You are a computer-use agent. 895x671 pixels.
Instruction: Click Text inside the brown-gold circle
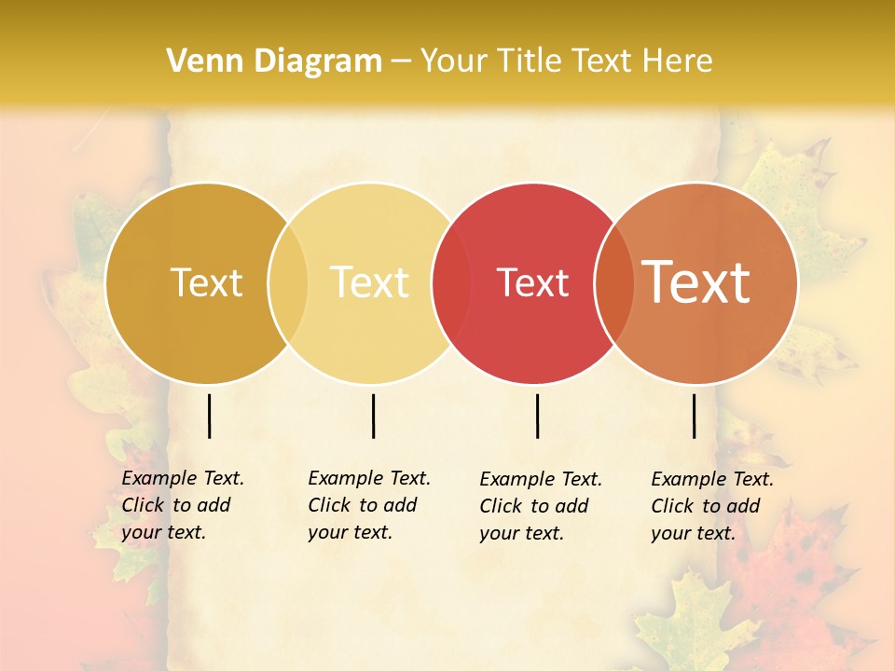click(x=206, y=282)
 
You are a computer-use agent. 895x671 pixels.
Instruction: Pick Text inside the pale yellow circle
click(x=370, y=282)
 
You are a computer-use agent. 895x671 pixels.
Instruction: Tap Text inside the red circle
click(x=532, y=282)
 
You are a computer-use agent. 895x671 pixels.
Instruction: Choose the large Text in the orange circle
click(x=696, y=282)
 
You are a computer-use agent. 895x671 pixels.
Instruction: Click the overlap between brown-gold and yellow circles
click(x=288, y=282)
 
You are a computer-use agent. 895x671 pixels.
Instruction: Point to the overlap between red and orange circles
click(x=614, y=282)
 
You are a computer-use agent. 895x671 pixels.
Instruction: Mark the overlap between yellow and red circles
click(x=451, y=282)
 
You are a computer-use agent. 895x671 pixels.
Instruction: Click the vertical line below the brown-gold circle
click(x=210, y=416)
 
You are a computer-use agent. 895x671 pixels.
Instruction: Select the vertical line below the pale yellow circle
click(x=374, y=416)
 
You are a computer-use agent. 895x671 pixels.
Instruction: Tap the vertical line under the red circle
click(x=538, y=416)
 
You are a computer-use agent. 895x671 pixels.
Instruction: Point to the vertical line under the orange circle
click(x=695, y=416)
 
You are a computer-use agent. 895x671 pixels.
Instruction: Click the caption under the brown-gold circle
click(x=182, y=505)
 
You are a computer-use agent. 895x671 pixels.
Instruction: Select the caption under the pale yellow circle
click(x=368, y=505)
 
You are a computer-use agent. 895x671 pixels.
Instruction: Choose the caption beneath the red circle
click(x=540, y=506)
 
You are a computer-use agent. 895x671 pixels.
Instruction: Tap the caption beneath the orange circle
click(x=711, y=506)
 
